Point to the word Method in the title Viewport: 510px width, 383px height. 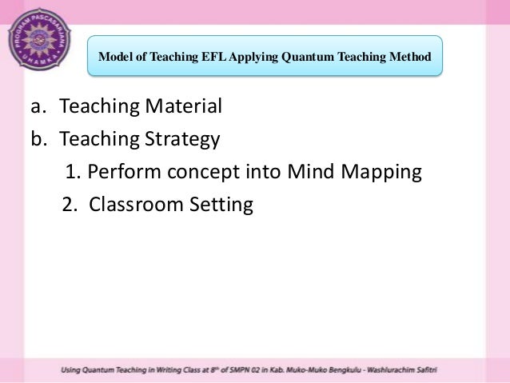click(x=410, y=58)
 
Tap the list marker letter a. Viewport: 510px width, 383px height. click(x=37, y=106)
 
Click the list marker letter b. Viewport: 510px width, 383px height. click(x=38, y=139)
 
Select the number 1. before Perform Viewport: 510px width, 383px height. click(x=73, y=172)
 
